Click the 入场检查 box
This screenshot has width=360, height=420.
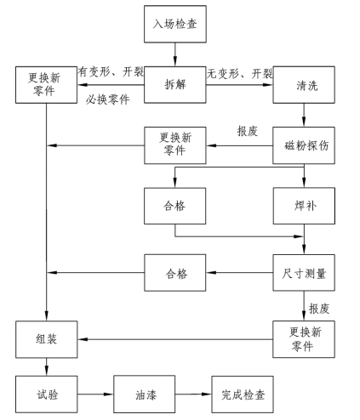pos(175,24)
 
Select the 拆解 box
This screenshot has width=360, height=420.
pos(175,85)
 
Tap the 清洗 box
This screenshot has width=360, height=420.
pos(304,85)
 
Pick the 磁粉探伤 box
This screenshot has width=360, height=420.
pos(304,145)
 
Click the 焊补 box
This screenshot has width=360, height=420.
pos(304,206)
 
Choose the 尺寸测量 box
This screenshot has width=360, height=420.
pos(304,273)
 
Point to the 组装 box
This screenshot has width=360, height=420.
pos(47,339)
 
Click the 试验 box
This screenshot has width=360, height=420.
pos(47,394)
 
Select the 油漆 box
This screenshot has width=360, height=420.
pos(145,394)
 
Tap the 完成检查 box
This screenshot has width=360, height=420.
pos(243,394)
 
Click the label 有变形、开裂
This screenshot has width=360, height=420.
pos(111,72)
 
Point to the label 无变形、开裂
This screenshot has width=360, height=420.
pos(240,74)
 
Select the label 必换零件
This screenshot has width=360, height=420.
pos(108,99)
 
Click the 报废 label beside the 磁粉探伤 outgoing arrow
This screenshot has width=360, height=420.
pos(248,131)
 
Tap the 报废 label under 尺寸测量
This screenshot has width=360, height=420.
pos(319,309)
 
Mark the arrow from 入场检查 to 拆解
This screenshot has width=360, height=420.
pos(175,54)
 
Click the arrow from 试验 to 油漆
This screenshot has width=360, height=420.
pos(95,394)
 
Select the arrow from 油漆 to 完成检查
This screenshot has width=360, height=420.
pos(193,394)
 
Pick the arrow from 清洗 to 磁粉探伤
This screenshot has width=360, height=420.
pos(304,115)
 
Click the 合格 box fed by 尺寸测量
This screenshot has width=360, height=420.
pos(175,273)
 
